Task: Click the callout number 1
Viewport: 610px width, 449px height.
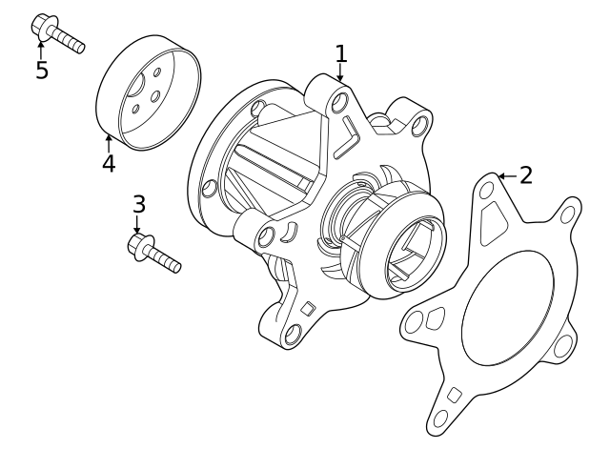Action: (x=340, y=53)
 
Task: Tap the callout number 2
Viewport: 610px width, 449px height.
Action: (x=525, y=175)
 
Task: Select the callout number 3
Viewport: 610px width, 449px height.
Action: (x=139, y=204)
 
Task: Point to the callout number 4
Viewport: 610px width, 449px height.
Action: (x=109, y=164)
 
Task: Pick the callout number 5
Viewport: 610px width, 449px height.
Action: (x=41, y=71)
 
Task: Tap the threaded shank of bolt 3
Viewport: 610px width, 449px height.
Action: (x=164, y=258)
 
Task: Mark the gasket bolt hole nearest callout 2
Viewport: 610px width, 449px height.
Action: (x=487, y=191)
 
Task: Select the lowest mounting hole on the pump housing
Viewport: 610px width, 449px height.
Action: (x=294, y=333)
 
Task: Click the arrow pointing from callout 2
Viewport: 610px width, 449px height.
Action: (x=506, y=176)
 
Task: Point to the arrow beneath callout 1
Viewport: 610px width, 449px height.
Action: (x=340, y=73)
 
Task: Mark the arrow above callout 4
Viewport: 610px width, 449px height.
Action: (x=109, y=142)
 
